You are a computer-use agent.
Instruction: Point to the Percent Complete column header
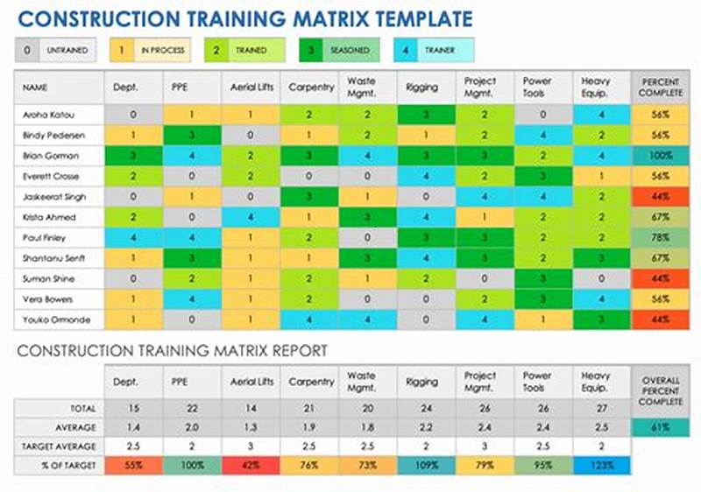point(660,88)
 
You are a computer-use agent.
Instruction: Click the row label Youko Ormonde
point(53,320)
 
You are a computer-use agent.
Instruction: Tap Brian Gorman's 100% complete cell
point(660,156)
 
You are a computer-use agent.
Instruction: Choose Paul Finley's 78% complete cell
point(660,238)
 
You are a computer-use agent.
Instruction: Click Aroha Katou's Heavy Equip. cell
point(602,115)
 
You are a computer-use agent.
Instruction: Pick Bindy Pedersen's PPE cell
point(191,136)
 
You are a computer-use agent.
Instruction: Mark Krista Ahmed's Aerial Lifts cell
point(251,217)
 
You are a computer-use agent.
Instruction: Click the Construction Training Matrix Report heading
point(172,351)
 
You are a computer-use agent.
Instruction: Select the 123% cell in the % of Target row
point(602,466)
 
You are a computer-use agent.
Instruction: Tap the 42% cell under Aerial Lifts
point(251,466)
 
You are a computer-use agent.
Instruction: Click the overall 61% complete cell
point(660,427)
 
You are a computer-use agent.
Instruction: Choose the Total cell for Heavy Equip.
point(602,408)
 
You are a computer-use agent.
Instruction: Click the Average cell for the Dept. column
point(132,427)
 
